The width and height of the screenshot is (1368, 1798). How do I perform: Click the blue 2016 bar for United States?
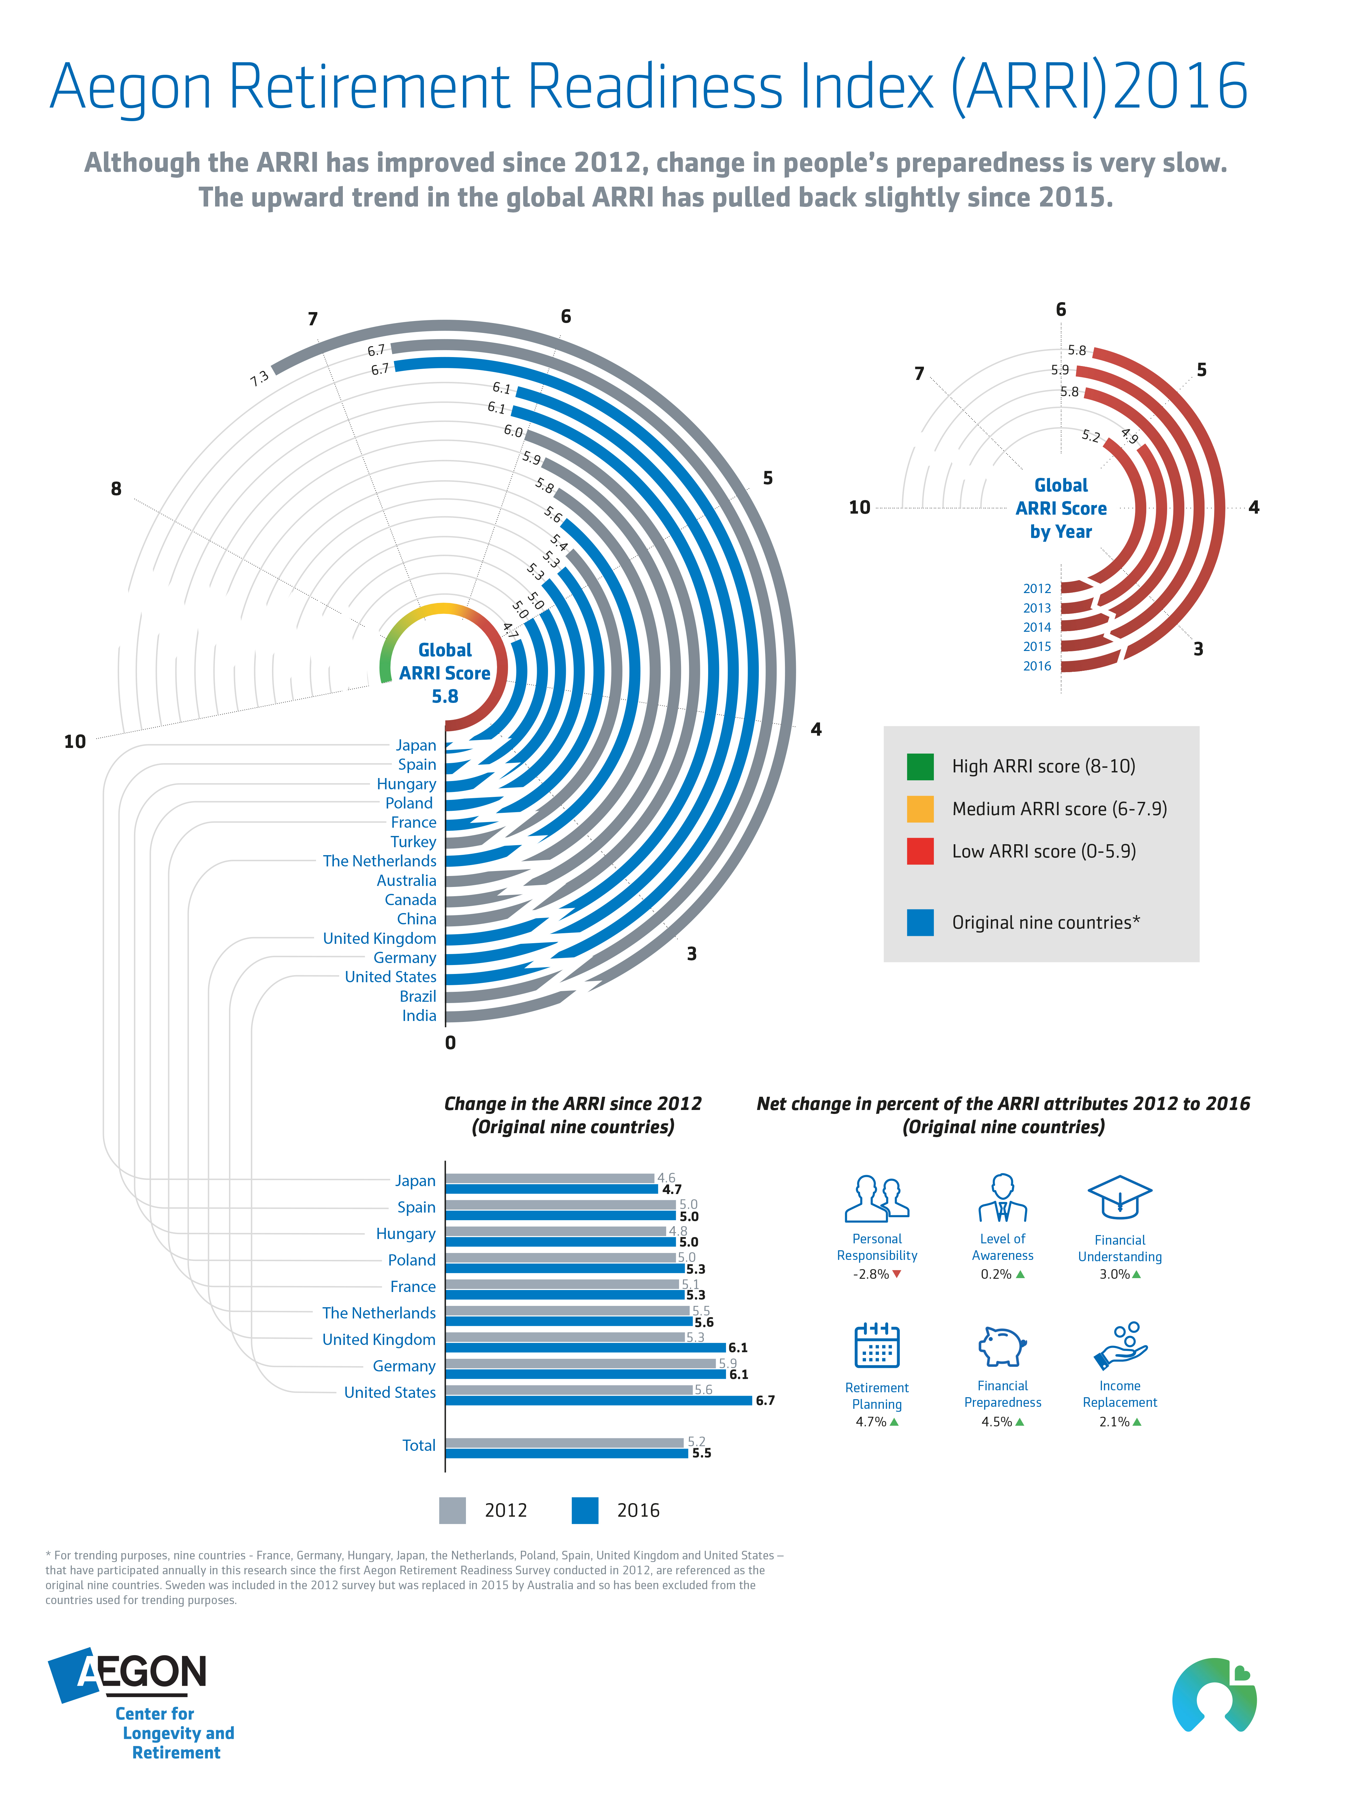pos(599,1401)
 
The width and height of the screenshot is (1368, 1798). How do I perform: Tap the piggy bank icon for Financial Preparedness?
pos(1002,1347)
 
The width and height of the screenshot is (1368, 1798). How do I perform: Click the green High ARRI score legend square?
pos(920,766)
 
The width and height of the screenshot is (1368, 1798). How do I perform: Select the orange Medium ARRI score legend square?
pos(920,808)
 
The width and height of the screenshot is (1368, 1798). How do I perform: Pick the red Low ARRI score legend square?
pos(920,851)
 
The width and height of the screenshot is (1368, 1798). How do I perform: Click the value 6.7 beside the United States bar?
pos(765,1401)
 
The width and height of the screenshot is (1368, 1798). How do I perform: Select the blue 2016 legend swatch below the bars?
pos(585,1510)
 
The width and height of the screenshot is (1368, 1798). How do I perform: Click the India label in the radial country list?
pos(419,1015)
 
